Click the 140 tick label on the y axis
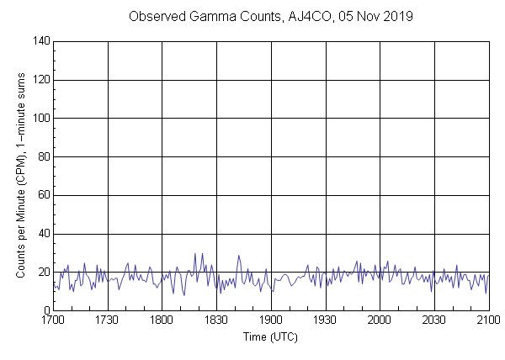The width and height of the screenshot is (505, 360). point(40,41)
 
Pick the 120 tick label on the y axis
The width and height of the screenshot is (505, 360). point(40,80)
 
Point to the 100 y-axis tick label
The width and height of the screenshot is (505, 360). point(40,119)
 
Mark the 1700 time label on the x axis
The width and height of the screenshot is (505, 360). point(53,320)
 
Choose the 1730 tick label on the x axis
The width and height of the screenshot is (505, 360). point(108,320)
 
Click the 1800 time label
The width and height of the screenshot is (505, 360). point(162,320)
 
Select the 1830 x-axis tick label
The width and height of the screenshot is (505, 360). point(216,320)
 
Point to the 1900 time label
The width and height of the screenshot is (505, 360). point(271,320)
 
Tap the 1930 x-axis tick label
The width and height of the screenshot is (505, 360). point(325,320)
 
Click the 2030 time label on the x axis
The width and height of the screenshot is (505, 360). point(434,320)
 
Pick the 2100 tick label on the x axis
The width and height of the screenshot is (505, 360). point(488,320)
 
